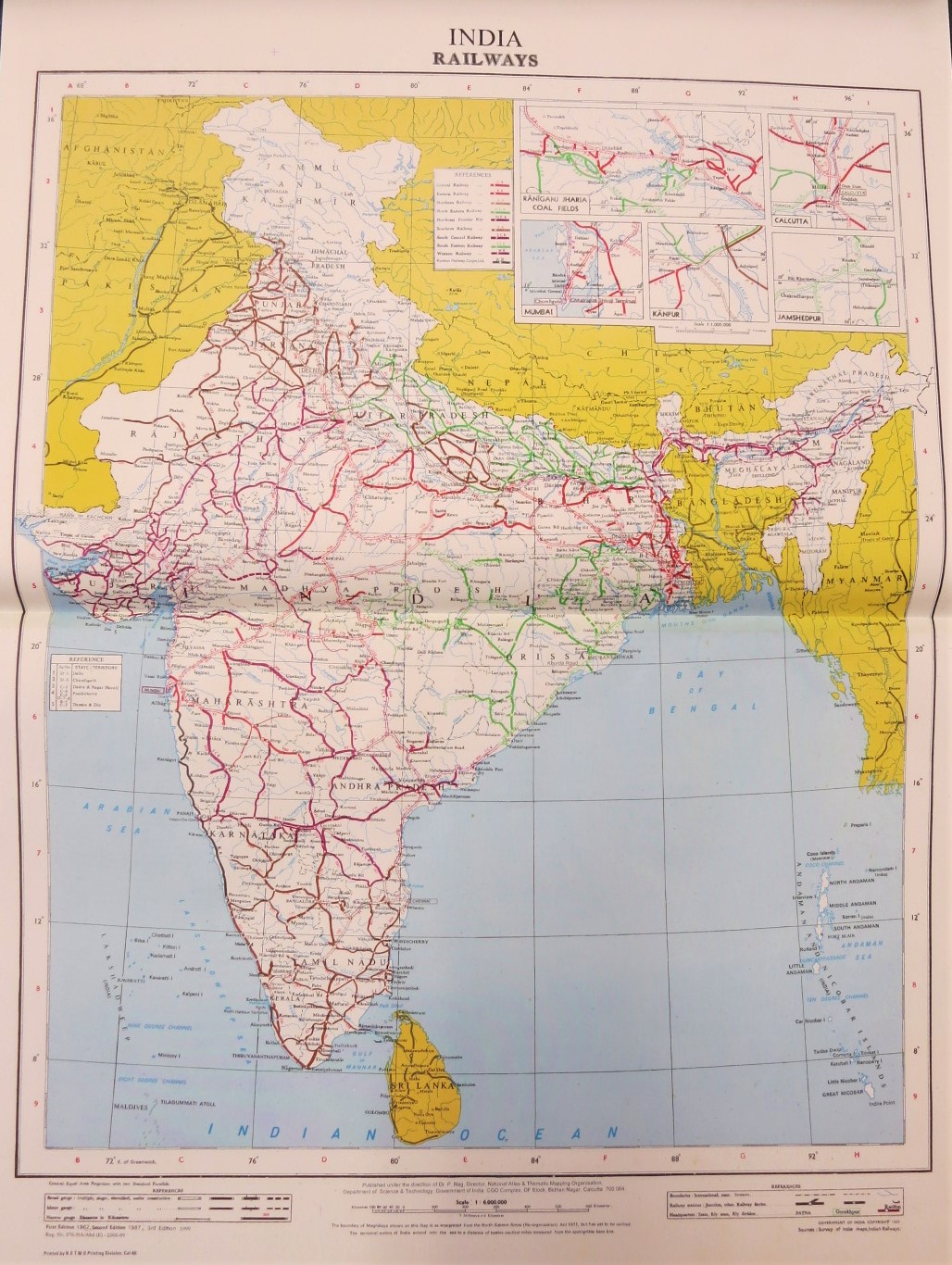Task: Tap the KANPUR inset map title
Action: (667, 314)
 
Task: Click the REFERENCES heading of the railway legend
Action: (470, 173)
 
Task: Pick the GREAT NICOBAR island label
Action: (834, 1093)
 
